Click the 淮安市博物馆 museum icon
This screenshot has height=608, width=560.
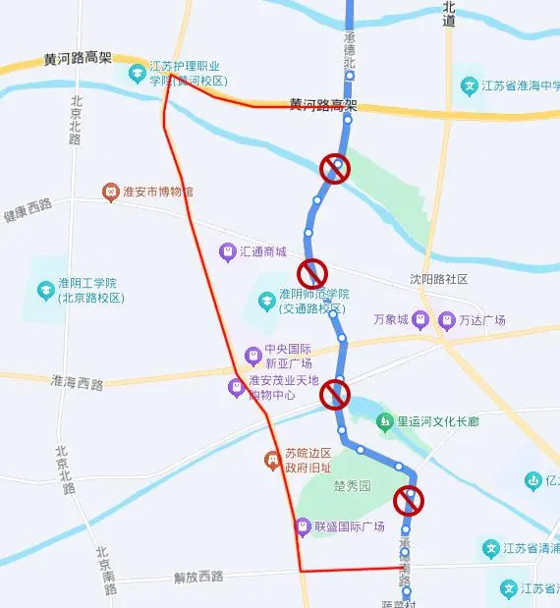click(x=112, y=192)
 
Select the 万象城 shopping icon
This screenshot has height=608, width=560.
click(x=420, y=319)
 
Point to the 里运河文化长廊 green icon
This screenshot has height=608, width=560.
click(x=385, y=421)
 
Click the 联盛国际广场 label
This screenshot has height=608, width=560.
click(x=349, y=527)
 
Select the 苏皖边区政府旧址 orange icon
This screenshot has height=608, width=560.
click(x=271, y=459)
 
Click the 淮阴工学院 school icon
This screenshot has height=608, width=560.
click(x=45, y=291)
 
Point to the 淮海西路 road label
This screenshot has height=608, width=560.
click(x=76, y=383)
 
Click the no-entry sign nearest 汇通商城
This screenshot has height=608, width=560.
click(x=312, y=272)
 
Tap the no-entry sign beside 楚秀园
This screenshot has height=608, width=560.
click(x=408, y=501)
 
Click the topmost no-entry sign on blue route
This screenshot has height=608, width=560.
click(x=336, y=169)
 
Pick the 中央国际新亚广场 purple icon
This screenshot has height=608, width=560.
click(x=252, y=353)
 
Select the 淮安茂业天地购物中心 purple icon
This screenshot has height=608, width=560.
click(x=236, y=387)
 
